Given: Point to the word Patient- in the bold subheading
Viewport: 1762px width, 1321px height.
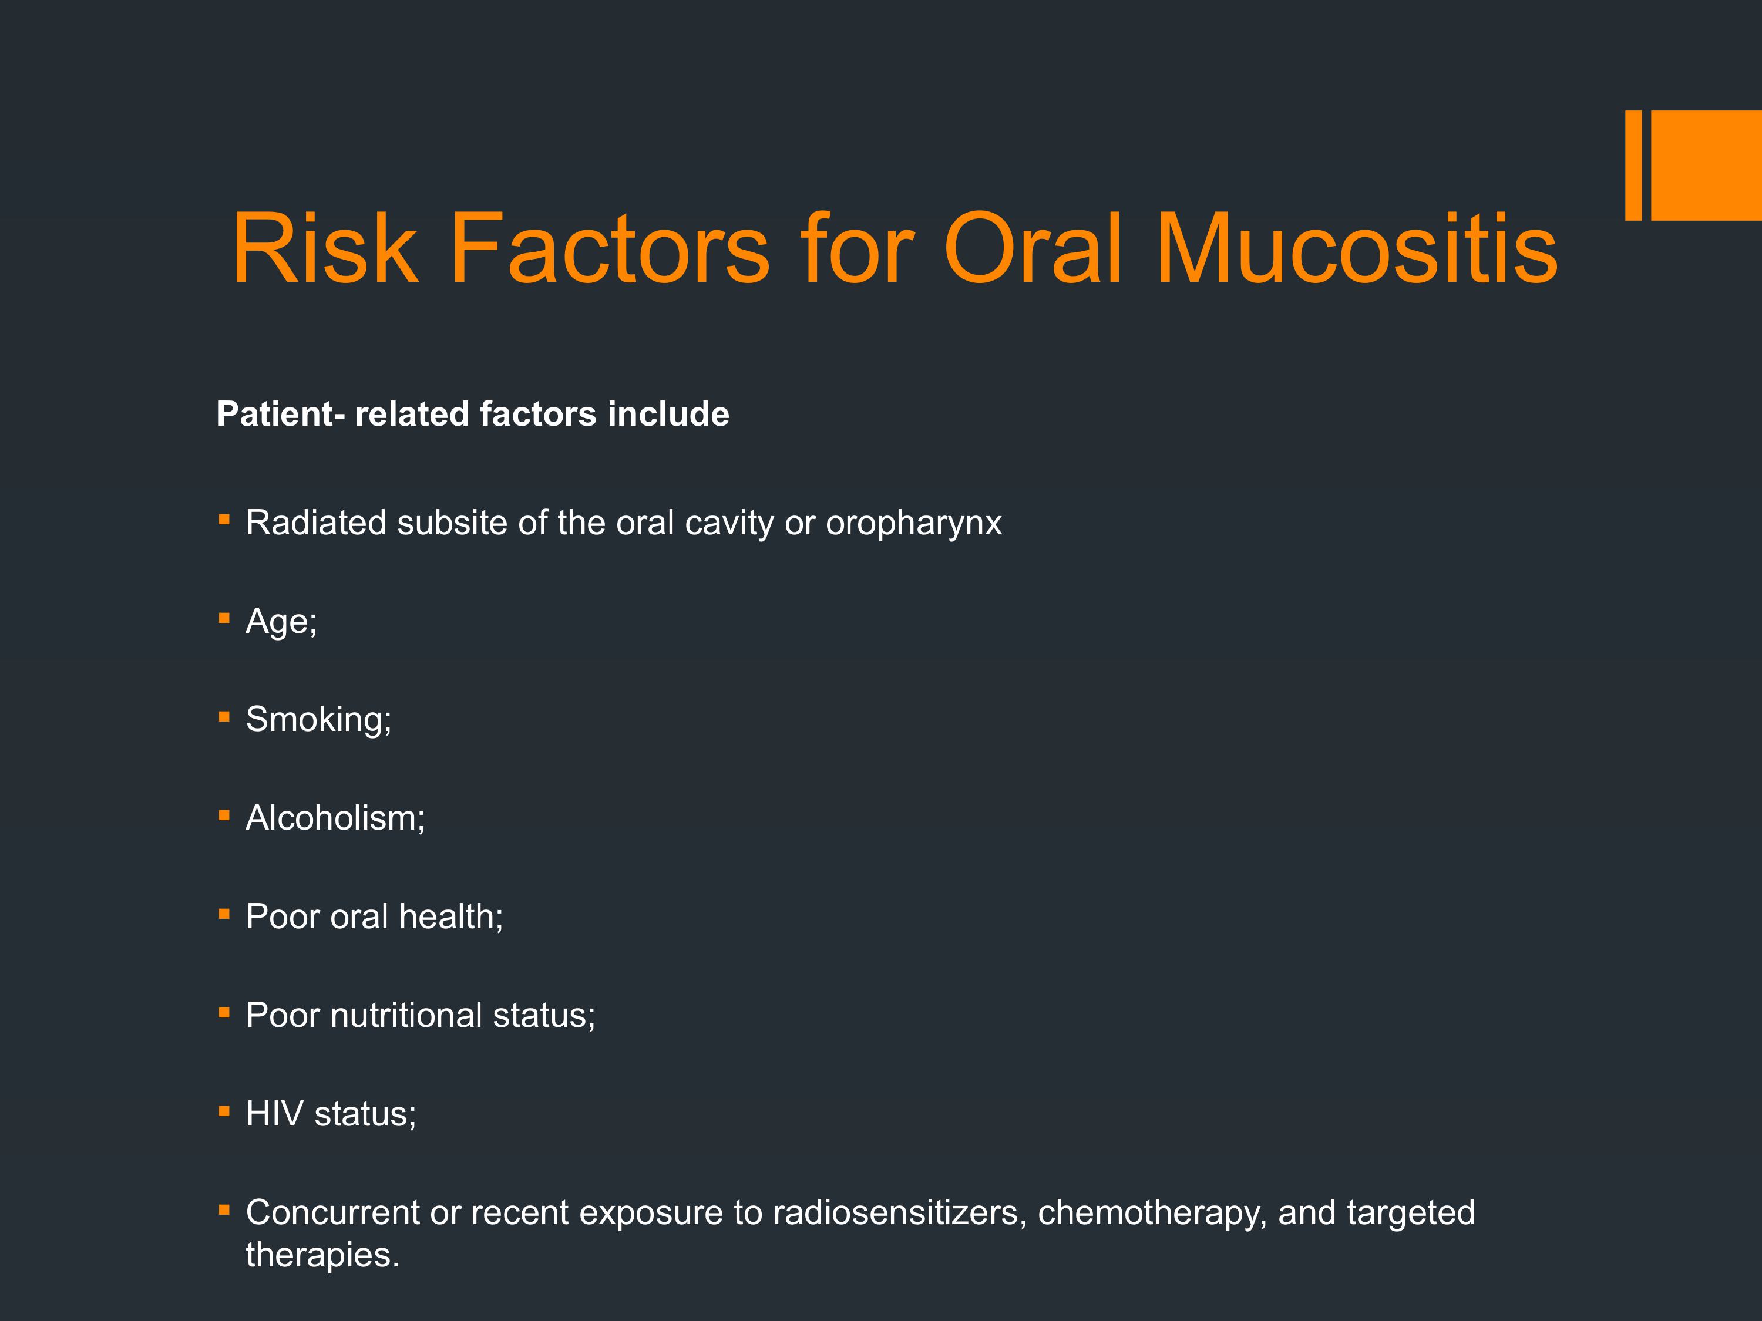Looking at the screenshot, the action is (280, 414).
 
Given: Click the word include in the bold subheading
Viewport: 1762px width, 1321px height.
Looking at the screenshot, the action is (668, 414).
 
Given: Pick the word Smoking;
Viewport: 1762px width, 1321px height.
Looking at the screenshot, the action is (318, 720).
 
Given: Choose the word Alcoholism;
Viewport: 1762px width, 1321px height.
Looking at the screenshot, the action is (335, 818).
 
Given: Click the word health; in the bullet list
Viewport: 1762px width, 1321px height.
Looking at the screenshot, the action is (452, 917).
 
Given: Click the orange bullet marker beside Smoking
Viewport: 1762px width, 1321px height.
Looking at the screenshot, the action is (224, 717).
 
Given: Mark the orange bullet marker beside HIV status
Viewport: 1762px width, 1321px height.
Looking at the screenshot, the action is (224, 1111).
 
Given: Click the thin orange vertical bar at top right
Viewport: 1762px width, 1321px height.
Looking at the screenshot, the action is (1633, 165).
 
